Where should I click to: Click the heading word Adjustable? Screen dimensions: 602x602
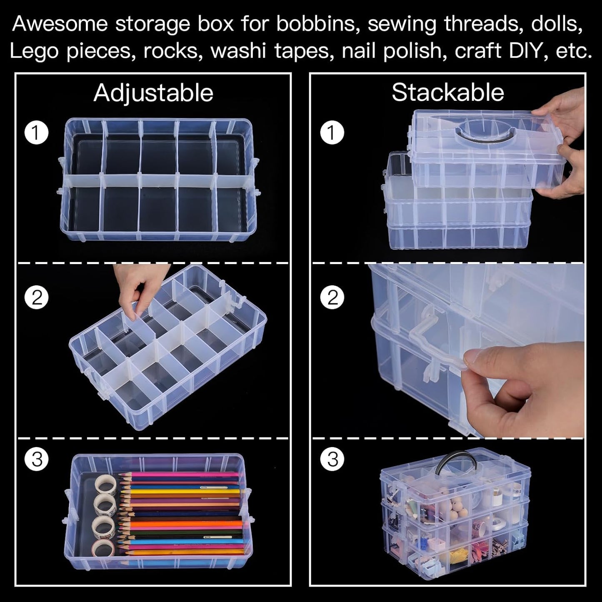tap(153, 92)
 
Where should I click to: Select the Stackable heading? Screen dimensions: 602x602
tap(448, 92)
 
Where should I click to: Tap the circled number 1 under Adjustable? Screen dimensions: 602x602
tap(37, 133)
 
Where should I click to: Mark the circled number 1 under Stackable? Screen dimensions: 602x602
tap(332, 133)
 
